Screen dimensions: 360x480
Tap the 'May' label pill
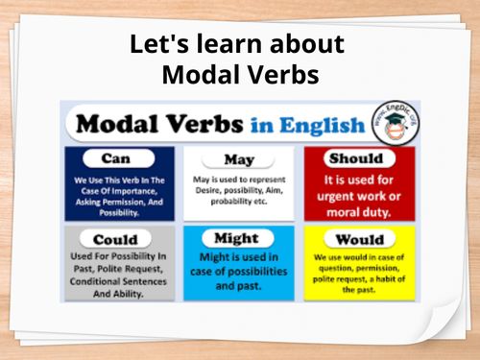coord(237,159)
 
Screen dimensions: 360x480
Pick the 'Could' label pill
coord(115,238)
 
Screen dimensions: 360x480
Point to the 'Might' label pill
coord(238,237)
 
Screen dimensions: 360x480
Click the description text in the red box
coord(360,191)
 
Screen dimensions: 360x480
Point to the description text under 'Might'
coord(238,273)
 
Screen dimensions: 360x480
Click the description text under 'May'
coord(238,194)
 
